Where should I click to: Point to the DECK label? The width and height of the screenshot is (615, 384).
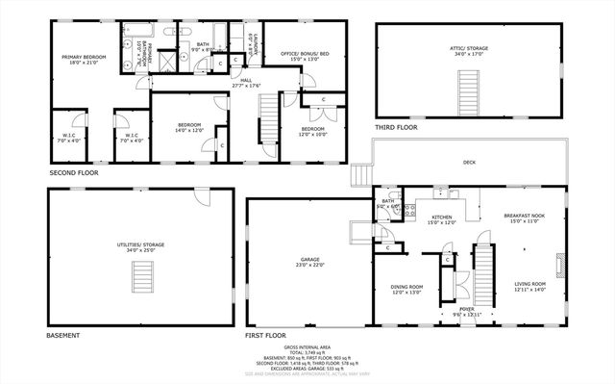[469, 163]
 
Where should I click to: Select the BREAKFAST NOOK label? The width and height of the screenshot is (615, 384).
[525, 217]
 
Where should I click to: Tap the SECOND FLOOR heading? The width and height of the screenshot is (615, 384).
[75, 173]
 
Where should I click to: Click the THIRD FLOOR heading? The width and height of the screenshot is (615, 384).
[396, 127]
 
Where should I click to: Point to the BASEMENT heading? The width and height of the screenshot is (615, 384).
[63, 335]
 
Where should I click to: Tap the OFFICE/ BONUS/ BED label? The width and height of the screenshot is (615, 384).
[304, 55]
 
